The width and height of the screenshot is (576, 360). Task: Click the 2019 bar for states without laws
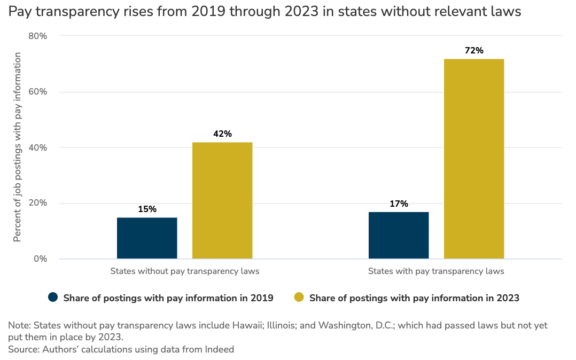(147, 238)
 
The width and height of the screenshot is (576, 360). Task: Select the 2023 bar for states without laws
(222, 200)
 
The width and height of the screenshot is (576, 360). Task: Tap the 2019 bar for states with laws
(399, 236)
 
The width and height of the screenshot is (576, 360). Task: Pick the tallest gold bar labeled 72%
(474, 159)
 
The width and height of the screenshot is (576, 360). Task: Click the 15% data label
(147, 209)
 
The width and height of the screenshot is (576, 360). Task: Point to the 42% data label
(222, 134)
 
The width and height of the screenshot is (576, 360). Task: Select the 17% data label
(399, 204)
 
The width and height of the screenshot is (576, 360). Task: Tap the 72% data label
(474, 51)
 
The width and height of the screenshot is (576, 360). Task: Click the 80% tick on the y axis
(38, 36)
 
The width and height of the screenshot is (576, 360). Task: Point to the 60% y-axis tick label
(38, 92)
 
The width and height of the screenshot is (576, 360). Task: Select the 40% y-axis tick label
(38, 147)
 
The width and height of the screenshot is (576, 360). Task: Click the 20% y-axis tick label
(38, 204)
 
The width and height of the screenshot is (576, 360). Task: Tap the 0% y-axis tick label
(41, 259)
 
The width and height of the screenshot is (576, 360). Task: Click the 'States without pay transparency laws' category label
(185, 271)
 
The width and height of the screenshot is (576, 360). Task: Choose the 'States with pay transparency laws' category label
(436, 271)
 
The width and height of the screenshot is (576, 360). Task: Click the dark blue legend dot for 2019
(53, 298)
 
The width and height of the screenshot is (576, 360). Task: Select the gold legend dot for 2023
(299, 298)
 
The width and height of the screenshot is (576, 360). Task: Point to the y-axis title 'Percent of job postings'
(18, 147)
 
